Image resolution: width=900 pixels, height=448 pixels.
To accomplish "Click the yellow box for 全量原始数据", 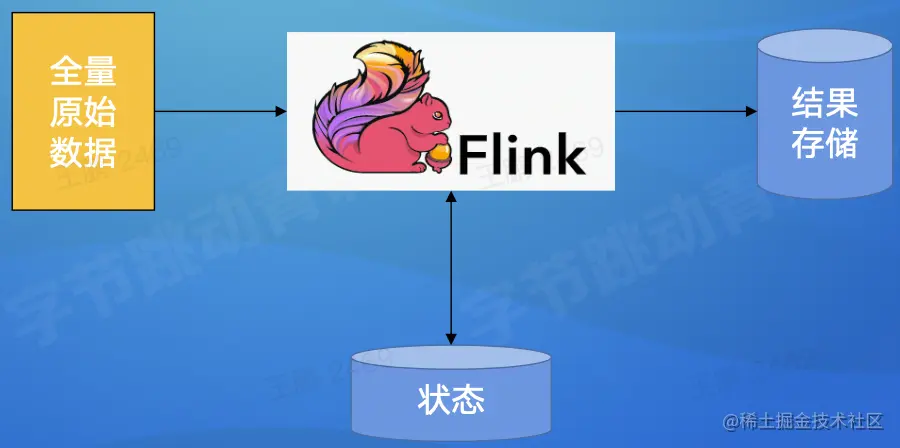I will point(83,111).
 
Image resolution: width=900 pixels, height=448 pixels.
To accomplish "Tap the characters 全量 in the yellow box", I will point(83,76).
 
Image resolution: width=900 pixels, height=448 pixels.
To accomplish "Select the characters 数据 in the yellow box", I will point(83,152).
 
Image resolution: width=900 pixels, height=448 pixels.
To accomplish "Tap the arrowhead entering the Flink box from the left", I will point(281,111).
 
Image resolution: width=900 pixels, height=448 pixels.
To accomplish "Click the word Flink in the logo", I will point(521,155).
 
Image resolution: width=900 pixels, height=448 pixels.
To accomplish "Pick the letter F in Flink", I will point(472,155).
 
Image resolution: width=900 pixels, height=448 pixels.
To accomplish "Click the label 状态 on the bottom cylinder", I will point(451,400).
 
